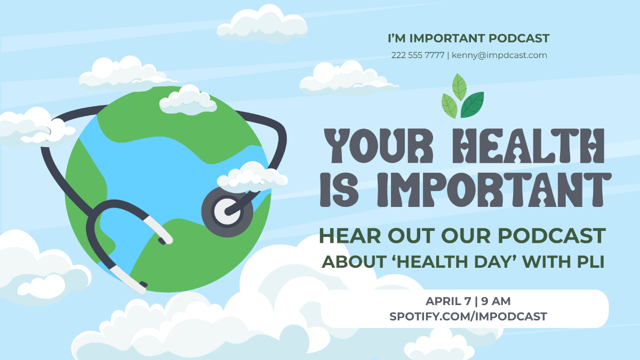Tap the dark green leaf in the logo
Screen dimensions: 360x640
click(473, 105)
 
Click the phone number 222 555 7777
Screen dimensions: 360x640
click(418, 55)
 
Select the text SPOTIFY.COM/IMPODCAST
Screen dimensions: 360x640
click(468, 316)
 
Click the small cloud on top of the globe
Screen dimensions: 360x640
click(188, 100)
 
